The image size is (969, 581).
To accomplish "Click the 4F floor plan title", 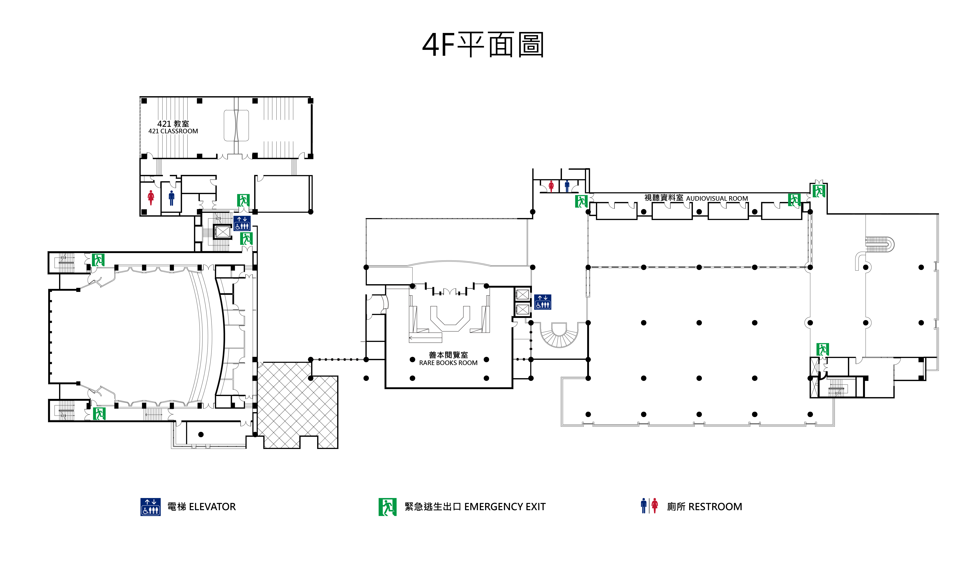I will (x=483, y=45).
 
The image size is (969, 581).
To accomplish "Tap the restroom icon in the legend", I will (x=649, y=506).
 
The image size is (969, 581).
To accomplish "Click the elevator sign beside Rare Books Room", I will (x=542, y=302).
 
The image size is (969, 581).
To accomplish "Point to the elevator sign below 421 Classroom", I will (x=242, y=223).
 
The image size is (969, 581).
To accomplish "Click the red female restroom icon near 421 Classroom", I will (x=151, y=198).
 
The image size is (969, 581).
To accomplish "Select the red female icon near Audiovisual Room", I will (x=551, y=186).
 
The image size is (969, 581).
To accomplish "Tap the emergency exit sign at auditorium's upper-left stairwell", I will (x=98, y=260).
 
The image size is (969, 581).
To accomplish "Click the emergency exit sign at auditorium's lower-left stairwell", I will (x=99, y=413).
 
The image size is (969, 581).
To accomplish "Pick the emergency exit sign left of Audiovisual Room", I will (x=581, y=201).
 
